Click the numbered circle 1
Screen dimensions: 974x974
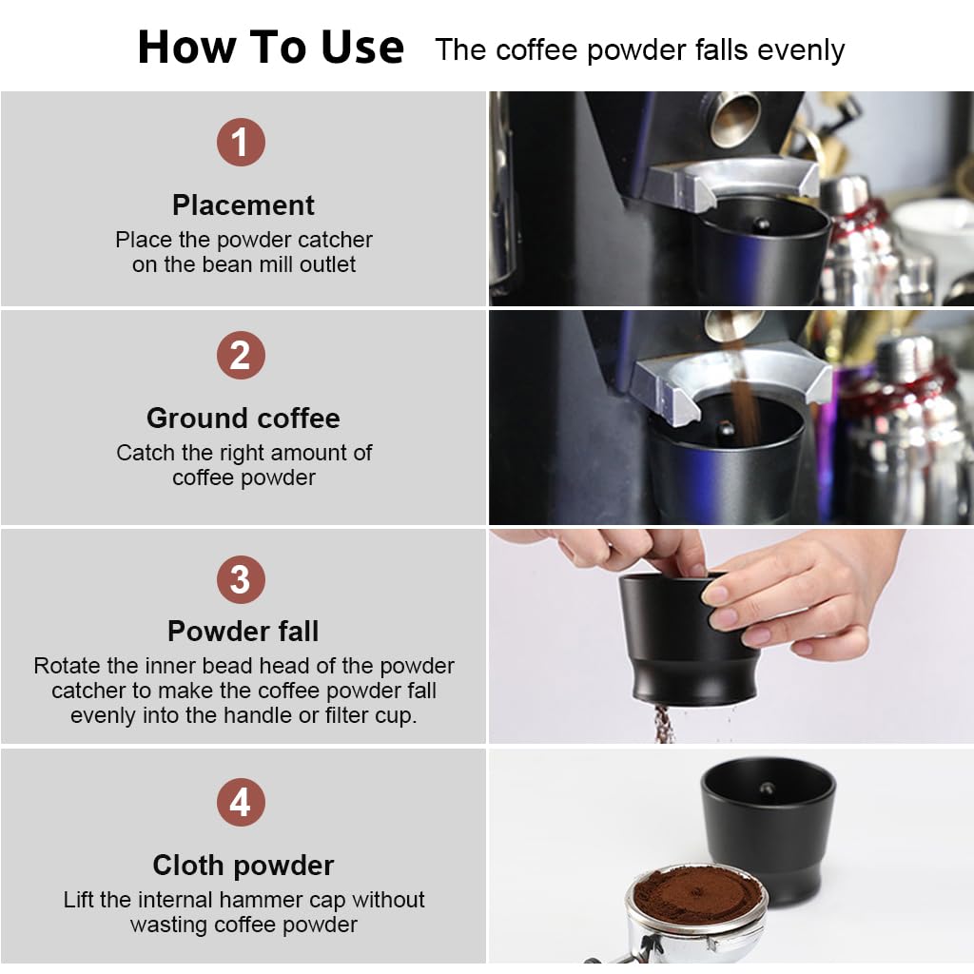point(240,143)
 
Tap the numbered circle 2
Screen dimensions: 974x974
point(240,356)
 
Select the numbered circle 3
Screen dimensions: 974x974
point(240,579)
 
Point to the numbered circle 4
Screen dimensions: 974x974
point(240,803)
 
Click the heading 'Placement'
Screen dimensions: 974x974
point(243,205)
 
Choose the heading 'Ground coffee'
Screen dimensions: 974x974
point(243,419)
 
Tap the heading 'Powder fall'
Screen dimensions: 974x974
point(243,632)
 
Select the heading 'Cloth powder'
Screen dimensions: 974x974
point(243,865)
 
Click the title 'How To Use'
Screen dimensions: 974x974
point(271,47)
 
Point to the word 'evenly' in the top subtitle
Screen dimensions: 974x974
point(796,50)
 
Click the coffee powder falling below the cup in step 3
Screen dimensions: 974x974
point(663,725)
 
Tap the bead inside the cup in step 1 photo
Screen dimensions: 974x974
point(761,225)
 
